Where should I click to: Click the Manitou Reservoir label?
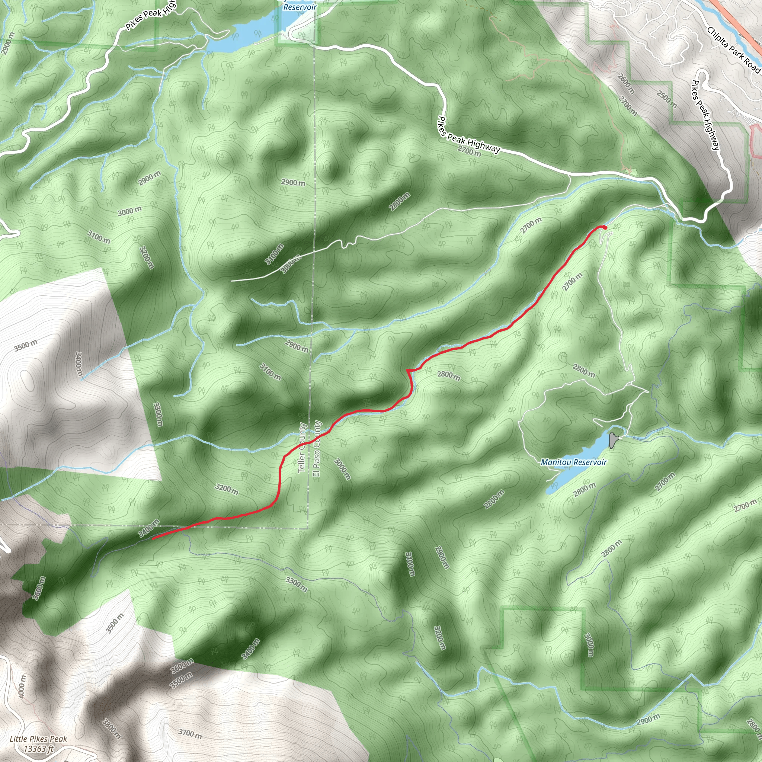(573, 462)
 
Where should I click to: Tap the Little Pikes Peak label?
(38, 739)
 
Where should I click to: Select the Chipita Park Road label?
(733, 50)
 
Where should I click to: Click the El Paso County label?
(317, 448)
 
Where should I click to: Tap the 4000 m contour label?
(22, 686)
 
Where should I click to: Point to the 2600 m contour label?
(626, 84)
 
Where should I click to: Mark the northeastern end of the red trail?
(604, 227)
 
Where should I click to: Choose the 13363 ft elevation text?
(38, 748)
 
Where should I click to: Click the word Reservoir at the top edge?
(300, 7)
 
